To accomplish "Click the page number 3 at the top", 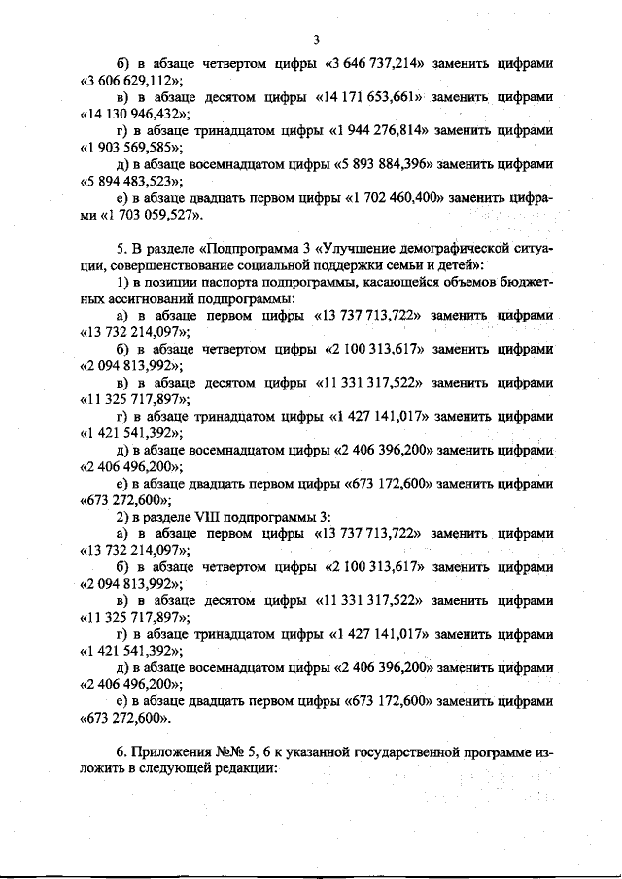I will point(317,40).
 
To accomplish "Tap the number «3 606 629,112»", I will point(132,81).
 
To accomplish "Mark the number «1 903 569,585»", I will point(132,147).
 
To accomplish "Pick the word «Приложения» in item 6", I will point(171,752).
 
